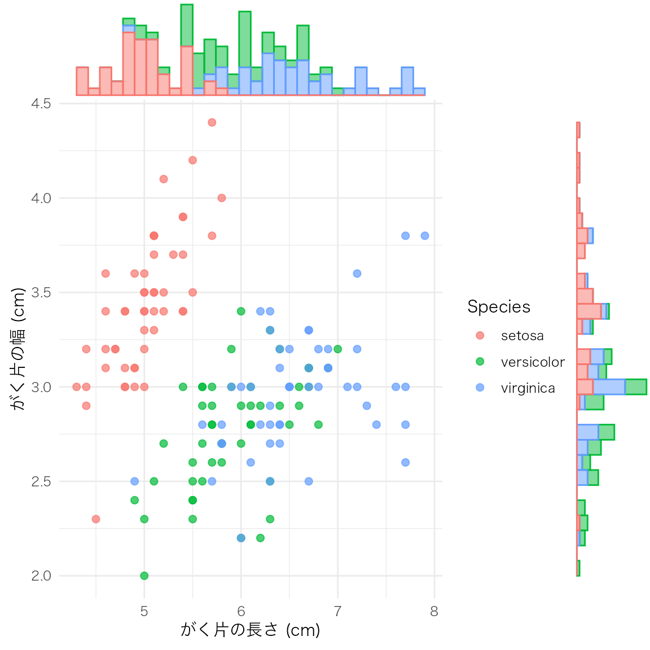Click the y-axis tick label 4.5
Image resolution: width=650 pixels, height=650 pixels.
[41, 103]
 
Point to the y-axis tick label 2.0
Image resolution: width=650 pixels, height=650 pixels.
[41, 576]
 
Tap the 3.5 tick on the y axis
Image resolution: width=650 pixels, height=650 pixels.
[41, 292]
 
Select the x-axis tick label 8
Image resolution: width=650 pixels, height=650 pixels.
[434, 611]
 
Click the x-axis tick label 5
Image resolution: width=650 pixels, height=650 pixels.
[144, 611]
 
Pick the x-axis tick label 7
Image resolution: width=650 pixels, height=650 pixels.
[337, 611]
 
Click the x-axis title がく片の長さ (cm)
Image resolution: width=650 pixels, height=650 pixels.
[250, 630]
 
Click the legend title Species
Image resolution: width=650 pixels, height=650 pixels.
[499, 306]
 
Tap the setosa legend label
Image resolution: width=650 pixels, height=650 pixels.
[522, 336]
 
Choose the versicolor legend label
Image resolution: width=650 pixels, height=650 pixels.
[533, 362]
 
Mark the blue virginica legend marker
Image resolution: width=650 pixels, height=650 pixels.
[480, 388]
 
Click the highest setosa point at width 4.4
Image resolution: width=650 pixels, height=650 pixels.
[212, 122]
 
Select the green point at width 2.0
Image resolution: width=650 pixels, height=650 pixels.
[144, 576]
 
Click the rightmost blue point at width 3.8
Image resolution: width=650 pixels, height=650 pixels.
[425, 236]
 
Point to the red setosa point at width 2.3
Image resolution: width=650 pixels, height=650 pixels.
[96, 519]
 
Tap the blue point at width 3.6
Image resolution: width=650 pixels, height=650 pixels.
[357, 274]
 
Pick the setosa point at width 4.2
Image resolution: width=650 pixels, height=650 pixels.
[192, 160]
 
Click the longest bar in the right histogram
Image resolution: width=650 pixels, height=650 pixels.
[611, 387]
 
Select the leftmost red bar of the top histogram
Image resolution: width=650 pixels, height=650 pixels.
[82, 81]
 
